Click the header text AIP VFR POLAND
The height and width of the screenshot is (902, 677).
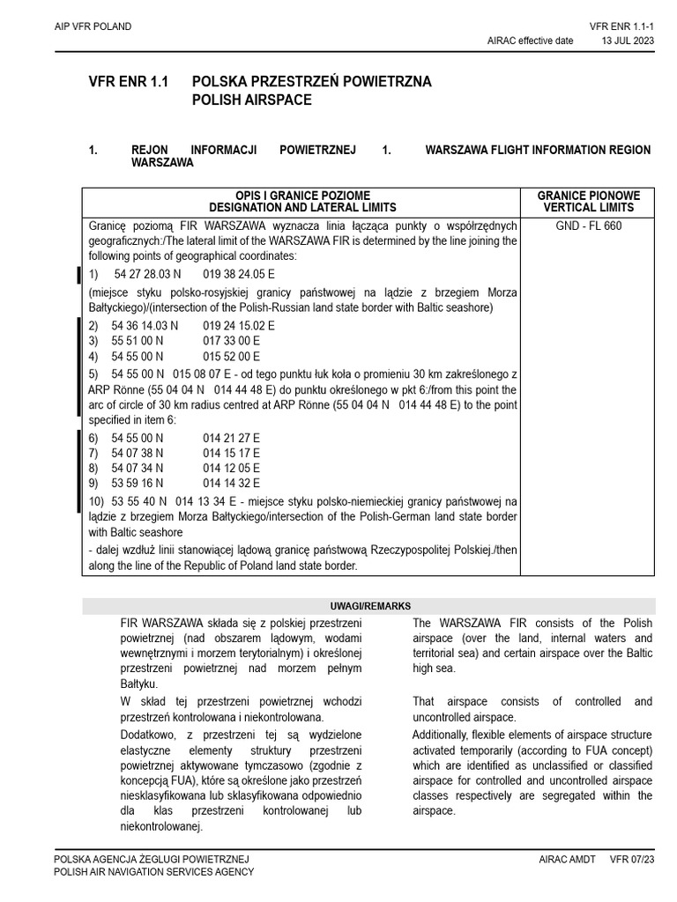(x=93, y=26)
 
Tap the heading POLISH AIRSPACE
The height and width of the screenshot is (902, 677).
(x=252, y=100)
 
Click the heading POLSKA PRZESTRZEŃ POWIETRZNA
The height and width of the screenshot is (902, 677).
(x=312, y=82)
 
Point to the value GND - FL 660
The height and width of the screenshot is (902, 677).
(x=589, y=225)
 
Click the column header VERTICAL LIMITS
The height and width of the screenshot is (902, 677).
(x=589, y=208)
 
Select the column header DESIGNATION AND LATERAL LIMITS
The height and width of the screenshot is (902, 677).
(x=302, y=208)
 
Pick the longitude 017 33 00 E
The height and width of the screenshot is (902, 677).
(x=231, y=341)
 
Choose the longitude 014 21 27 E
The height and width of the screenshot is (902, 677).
(x=231, y=438)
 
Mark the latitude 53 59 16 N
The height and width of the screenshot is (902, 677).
(x=138, y=484)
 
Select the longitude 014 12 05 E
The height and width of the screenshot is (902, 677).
(x=231, y=469)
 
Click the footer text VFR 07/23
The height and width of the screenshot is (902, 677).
(x=632, y=859)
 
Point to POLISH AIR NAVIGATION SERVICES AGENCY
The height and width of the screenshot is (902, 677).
(x=154, y=872)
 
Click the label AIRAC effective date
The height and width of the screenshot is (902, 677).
(x=530, y=41)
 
